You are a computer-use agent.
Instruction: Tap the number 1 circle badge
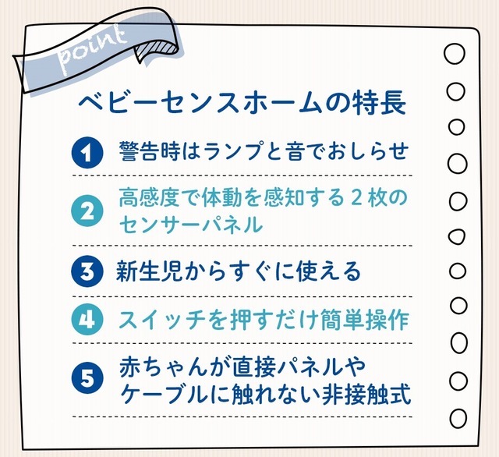87,152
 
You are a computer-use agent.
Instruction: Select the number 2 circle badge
87,211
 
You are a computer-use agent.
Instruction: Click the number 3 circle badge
87,271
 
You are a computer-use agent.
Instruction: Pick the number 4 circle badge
87,320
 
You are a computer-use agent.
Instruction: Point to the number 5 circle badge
87,377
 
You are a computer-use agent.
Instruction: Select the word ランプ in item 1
235,151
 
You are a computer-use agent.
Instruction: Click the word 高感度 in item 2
150,197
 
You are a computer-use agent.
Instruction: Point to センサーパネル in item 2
191,225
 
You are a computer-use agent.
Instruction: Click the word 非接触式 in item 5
366,395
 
